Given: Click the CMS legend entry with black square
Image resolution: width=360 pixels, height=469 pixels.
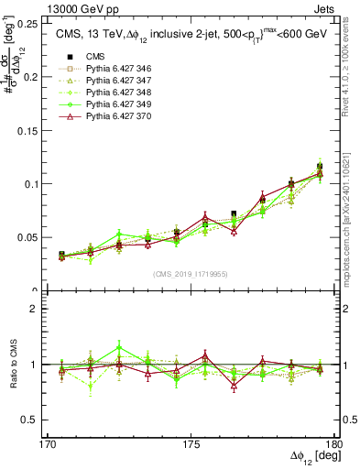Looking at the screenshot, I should point(83,57).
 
